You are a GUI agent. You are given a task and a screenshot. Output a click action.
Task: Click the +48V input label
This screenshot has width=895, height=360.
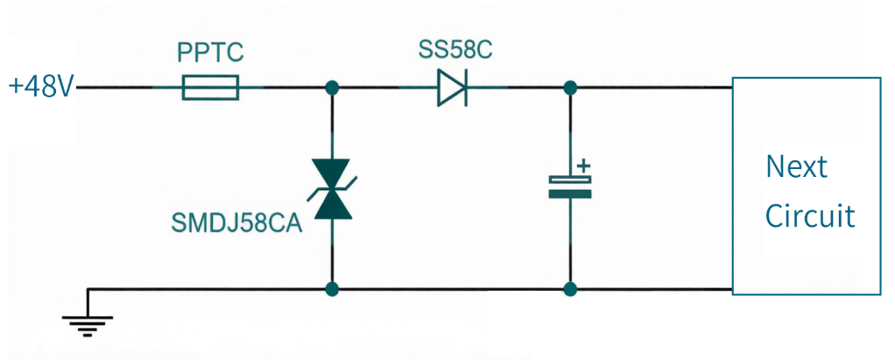tap(42, 88)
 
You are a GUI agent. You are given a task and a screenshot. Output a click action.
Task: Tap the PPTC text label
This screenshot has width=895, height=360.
tap(211, 53)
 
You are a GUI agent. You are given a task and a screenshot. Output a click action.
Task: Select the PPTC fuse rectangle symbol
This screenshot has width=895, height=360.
tap(210, 88)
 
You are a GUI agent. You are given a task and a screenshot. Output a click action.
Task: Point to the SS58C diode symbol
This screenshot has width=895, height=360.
tap(453, 88)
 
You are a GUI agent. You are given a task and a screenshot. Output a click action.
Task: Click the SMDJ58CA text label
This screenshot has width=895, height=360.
tap(236, 223)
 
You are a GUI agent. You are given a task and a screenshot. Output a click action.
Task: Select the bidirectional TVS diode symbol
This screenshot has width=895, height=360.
tap(332, 189)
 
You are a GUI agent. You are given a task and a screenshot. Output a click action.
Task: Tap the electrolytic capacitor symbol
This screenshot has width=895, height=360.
tap(569, 187)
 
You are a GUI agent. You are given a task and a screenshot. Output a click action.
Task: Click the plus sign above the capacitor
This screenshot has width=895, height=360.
tap(582, 166)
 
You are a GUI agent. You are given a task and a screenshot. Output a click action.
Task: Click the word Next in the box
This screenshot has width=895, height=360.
tap(796, 166)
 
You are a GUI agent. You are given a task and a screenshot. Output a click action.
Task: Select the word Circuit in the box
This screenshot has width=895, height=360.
tap(810, 215)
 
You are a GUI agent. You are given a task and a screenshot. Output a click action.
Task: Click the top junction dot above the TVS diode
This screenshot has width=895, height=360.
tap(332, 88)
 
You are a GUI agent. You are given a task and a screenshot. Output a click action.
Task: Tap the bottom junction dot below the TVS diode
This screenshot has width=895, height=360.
tap(332, 289)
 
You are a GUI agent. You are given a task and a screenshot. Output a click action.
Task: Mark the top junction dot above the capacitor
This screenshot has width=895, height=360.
tap(569, 88)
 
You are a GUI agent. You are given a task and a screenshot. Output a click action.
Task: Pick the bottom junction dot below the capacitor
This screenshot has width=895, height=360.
tap(569, 289)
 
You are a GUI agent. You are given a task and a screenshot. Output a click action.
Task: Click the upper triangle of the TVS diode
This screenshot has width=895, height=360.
tap(332, 173)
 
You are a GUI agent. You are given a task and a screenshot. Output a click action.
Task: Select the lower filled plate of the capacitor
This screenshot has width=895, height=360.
tap(569, 194)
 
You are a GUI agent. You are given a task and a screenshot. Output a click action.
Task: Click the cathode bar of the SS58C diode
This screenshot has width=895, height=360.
tap(467, 88)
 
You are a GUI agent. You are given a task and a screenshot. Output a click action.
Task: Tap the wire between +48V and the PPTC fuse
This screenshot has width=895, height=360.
tap(129, 88)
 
